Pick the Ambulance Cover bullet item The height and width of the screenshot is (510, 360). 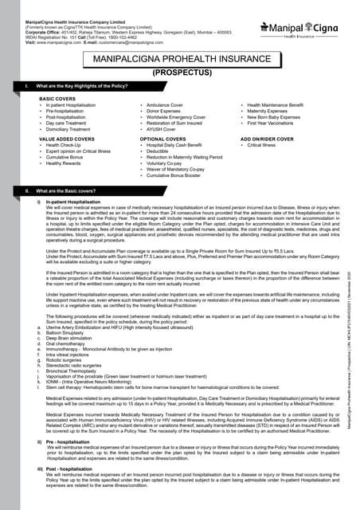point(162,105)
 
